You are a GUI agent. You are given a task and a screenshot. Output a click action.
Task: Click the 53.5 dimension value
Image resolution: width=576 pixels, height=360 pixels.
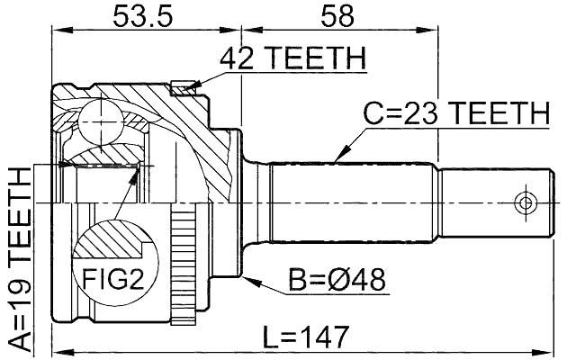[141, 16]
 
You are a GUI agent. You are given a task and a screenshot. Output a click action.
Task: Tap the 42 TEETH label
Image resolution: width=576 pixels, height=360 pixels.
[292, 59]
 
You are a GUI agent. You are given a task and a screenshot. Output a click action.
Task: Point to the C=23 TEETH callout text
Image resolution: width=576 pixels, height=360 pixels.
[455, 114]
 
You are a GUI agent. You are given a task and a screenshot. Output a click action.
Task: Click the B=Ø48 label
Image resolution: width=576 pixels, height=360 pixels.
[337, 281]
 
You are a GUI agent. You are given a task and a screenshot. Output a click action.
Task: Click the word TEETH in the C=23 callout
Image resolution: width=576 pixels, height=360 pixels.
[498, 114]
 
